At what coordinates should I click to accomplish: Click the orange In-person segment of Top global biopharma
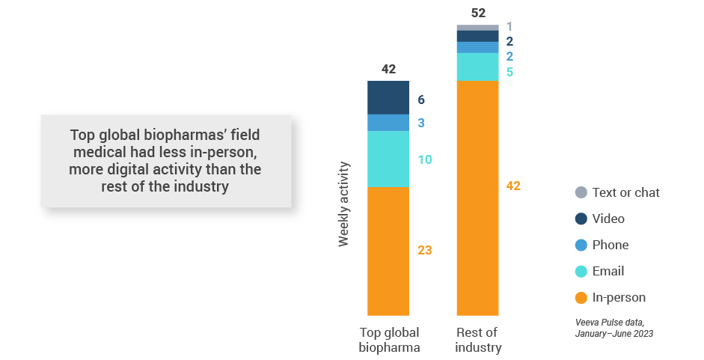[388, 251]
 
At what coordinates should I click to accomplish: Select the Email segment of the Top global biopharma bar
[388, 159]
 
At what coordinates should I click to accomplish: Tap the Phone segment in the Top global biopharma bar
[388, 123]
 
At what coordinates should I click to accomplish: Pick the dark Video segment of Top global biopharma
[388, 97]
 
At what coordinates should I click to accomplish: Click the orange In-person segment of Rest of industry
[477, 198]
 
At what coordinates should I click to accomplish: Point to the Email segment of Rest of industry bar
[477, 67]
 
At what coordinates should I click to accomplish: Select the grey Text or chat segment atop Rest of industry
[477, 28]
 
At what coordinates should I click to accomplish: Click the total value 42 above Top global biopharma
[388, 70]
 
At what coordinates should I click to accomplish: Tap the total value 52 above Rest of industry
[477, 13]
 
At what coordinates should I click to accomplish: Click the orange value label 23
[425, 251]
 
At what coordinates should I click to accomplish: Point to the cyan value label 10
[425, 159]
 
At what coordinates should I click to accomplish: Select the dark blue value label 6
[421, 100]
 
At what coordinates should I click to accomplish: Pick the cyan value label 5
[510, 73]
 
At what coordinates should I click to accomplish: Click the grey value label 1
[510, 27]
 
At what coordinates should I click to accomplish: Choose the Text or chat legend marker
[581, 192]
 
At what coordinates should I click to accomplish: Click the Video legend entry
[607, 219]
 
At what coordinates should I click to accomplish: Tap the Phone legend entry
[610, 245]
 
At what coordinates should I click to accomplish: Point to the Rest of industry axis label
[477, 340]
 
